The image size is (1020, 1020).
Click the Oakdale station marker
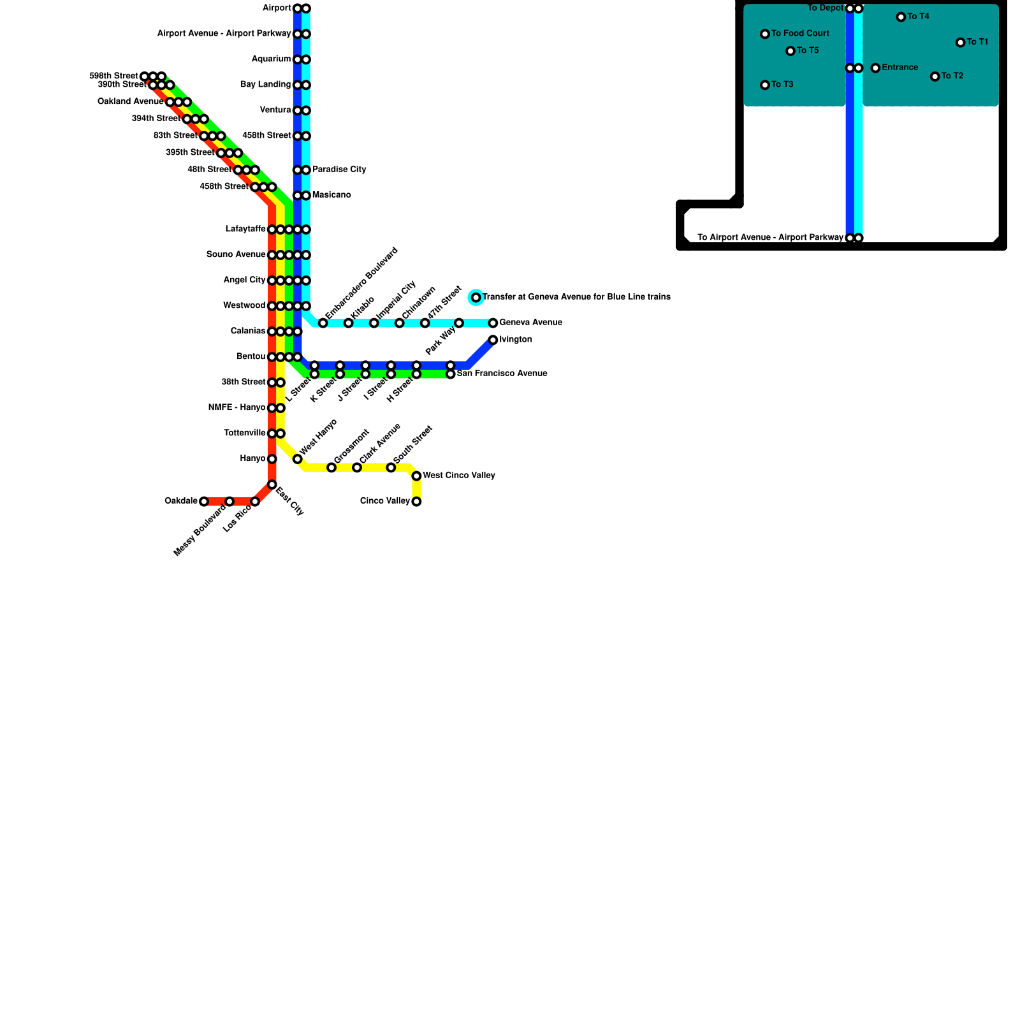[x=204, y=502]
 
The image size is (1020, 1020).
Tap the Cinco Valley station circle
[x=416, y=502]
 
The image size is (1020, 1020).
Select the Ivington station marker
[x=493, y=340]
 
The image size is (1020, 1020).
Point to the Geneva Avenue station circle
[x=493, y=323]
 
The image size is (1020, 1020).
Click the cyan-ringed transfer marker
[x=476, y=298]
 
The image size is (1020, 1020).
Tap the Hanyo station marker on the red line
[x=272, y=459]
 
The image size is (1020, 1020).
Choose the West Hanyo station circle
[x=298, y=459]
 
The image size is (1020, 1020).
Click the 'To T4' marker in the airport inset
[x=901, y=17]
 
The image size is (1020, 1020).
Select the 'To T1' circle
[x=960, y=43]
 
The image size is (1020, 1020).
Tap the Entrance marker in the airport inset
[x=875, y=68]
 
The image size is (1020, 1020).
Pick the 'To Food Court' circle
[x=765, y=34]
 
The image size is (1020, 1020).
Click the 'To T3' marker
[x=765, y=85]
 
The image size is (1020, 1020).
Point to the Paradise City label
[x=339, y=170]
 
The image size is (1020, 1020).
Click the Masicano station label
[x=331, y=195]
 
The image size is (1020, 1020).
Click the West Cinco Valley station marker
[x=416, y=476]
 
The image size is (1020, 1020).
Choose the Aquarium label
[x=271, y=59]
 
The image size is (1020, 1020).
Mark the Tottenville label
[x=245, y=433]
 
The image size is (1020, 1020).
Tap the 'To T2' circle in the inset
[x=935, y=76]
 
